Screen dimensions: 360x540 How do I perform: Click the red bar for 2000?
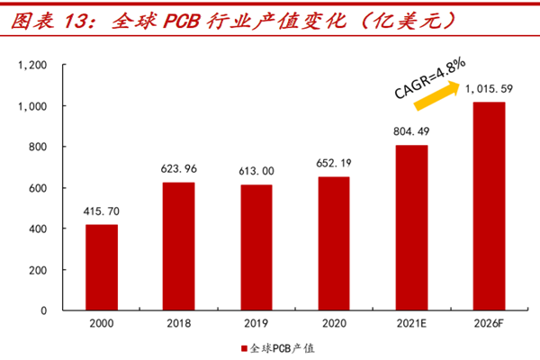pyautogui.click(x=101, y=267)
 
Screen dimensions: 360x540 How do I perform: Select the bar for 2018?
pyautogui.click(x=178, y=247)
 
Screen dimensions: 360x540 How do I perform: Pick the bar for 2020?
pyautogui.click(x=333, y=244)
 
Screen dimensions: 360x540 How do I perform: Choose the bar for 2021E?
pyautogui.click(x=411, y=228)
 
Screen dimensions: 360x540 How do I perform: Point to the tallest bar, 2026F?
pyautogui.click(x=489, y=206)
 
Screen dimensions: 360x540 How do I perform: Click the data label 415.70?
pyautogui.click(x=101, y=212)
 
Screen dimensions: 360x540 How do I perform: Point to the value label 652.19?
pyautogui.click(x=333, y=165)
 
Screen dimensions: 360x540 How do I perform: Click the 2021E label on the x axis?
pyautogui.click(x=411, y=322)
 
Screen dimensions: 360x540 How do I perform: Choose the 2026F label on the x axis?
pyautogui.click(x=489, y=322)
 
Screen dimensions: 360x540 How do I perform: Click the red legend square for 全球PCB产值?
pyautogui.click(x=243, y=347)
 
